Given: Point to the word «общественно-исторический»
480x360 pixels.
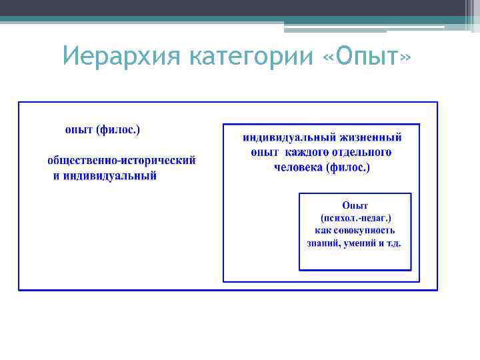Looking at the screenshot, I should tap(121, 161).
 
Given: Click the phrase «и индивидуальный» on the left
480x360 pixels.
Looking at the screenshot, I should tap(105, 176).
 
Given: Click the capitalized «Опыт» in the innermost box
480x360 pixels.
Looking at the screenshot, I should tap(355, 206).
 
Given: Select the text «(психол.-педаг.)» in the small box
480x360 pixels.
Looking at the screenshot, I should tap(355, 218).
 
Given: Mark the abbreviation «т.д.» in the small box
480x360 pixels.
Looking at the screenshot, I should tap(393, 243).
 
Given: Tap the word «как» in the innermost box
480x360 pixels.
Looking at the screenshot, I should tap(323, 231).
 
